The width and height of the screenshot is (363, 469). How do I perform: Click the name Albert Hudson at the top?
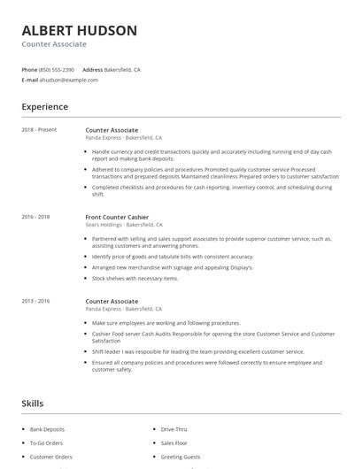pyautogui.click(x=80, y=30)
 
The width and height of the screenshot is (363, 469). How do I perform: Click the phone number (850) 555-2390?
pyautogui.click(x=58, y=69)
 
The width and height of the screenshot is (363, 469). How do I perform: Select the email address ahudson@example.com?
pyautogui.click(x=68, y=80)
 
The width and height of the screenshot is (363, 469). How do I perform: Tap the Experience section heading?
pyautogui.click(x=44, y=107)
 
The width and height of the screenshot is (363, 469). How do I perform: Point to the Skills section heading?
pyautogui.click(x=32, y=404)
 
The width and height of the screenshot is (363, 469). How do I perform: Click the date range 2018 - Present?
pyautogui.click(x=39, y=130)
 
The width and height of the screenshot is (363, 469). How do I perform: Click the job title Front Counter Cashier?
pyautogui.click(x=117, y=217)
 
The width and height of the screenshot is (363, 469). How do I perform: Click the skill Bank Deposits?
pyautogui.click(x=48, y=429)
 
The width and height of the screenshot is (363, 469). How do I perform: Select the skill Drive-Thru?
pyautogui.click(x=174, y=429)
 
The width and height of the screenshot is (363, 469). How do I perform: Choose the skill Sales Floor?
pyautogui.click(x=174, y=443)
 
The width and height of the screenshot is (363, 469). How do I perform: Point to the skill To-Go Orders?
pyautogui.click(x=46, y=443)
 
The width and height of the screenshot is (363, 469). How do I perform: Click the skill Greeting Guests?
pyautogui.click(x=180, y=457)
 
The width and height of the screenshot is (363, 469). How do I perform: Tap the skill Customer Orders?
pyautogui.click(x=50, y=457)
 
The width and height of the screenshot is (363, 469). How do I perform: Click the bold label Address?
pyautogui.click(x=92, y=69)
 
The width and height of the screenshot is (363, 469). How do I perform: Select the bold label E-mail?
pyautogui.click(x=29, y=80)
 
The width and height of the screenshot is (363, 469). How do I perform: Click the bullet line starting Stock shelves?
pyautogui.click(x=135, y=278)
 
